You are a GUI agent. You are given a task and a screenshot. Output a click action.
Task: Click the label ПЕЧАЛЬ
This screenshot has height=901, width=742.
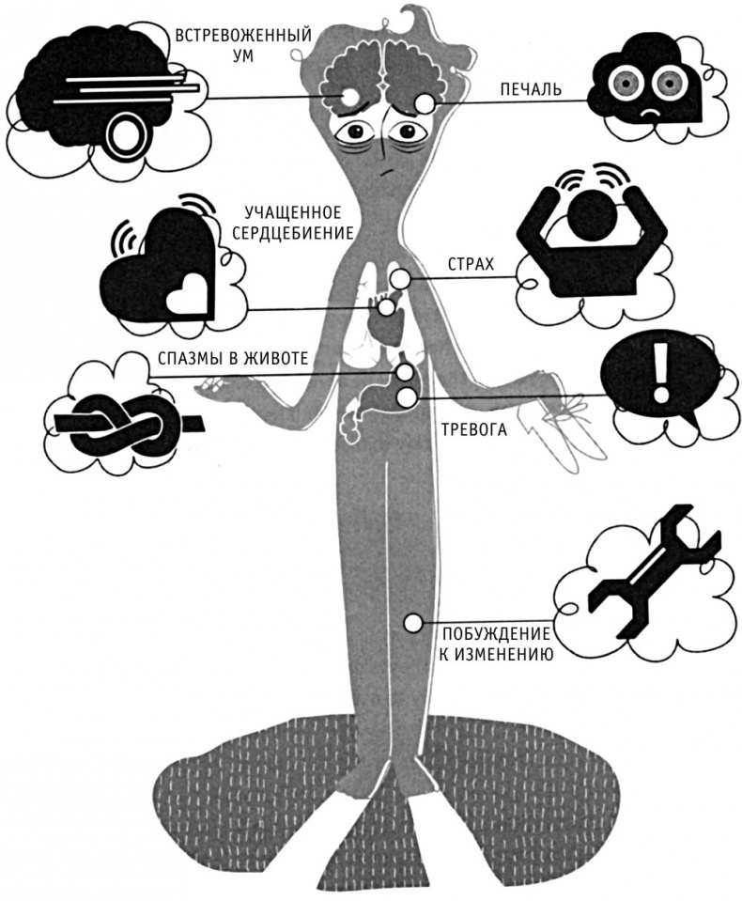(530, 90)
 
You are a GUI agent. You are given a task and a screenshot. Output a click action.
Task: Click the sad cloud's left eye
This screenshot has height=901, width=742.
(620, 82)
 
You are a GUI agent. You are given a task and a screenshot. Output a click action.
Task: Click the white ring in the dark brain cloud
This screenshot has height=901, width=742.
(122, 135)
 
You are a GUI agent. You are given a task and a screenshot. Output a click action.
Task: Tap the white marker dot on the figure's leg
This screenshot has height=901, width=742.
(410, 622)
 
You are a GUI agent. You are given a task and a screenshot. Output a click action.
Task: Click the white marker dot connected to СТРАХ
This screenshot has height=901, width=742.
(401, 278)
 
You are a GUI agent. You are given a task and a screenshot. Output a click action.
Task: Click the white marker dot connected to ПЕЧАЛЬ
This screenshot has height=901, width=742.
(425, 103)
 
